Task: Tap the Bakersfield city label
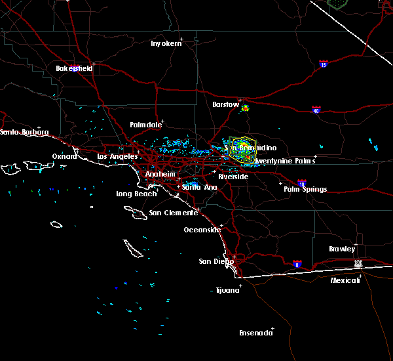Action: [x=73, y=68]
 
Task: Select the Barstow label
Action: [x=225, y=104]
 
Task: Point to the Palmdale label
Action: [x=144, y=125]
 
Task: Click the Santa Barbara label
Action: [x=24, y=133]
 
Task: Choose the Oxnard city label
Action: [x=64, y=156]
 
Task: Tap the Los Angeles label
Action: [x=117, y=156]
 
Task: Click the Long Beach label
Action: [x=136, y=194]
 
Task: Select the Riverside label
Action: [x=233, y=177]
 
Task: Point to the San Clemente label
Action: [x=173, y=213]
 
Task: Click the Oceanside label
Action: [x=201, y=230]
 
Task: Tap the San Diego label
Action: [x=215, y=261]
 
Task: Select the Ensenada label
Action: [x=255, y=333]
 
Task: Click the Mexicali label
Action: [x=345, y=280]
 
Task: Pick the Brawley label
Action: [x=342, y=249]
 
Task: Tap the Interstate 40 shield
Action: [x=316, y=110]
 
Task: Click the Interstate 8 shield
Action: [x=297, y=263]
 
